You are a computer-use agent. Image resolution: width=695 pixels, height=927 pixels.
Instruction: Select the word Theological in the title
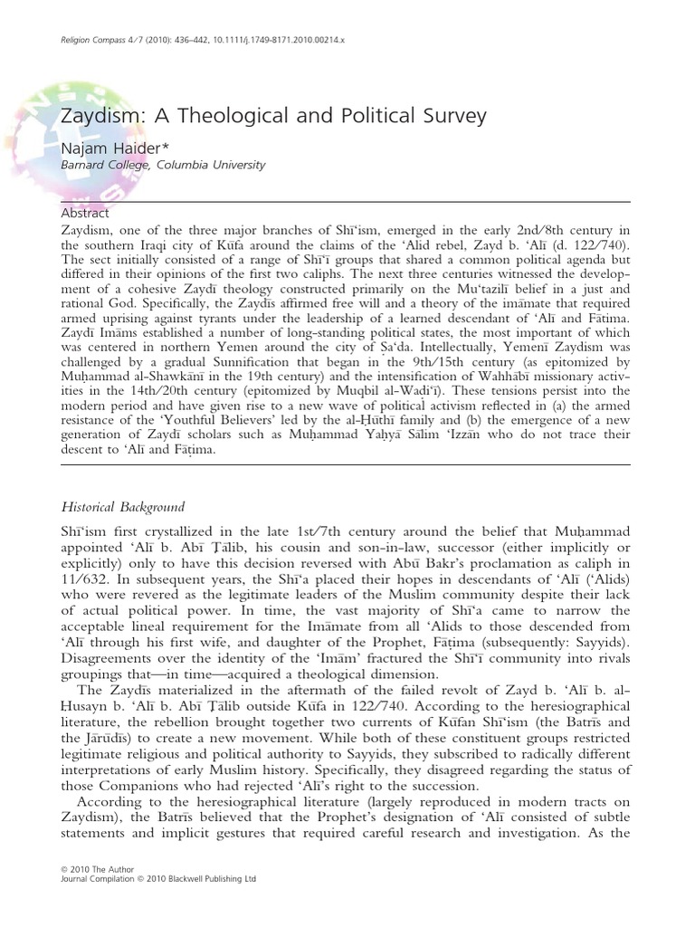(x=224, y=116)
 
